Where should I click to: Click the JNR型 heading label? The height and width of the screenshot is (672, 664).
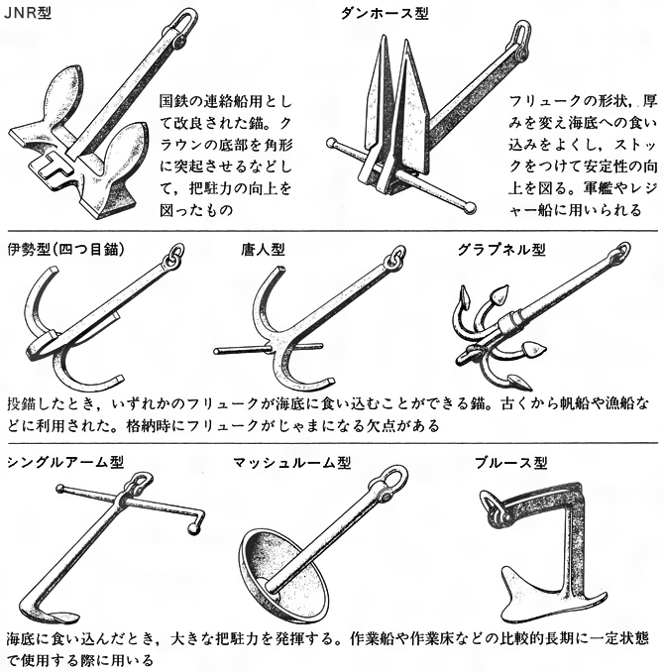(x=31, y=12)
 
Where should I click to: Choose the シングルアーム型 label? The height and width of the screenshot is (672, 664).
(x=64, y=462)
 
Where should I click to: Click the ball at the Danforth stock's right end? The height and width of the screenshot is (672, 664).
(x=470, y=207)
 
